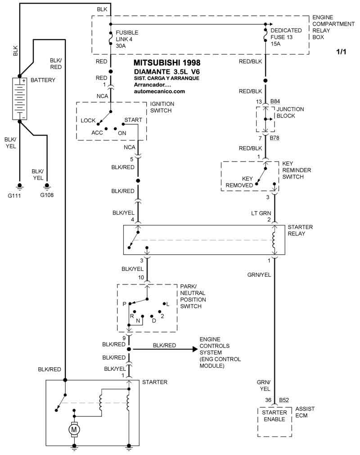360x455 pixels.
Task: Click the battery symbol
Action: pos(20,98)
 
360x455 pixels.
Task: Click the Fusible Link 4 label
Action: pos(127,39)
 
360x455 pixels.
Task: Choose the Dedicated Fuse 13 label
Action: pos(286,37)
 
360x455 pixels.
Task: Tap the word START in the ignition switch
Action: pos(133,120)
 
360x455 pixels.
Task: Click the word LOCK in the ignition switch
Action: pos(88,121)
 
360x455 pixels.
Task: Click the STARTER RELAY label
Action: pos(300,230)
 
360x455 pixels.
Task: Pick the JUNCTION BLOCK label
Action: pos(290,113)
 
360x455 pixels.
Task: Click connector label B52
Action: pos(284,400)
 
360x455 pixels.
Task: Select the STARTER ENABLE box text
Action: pos(274,416)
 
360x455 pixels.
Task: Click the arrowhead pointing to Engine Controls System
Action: pos(195,349)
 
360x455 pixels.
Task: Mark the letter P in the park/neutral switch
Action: pos(124,304)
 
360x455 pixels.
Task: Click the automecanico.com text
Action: pos(159,91)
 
